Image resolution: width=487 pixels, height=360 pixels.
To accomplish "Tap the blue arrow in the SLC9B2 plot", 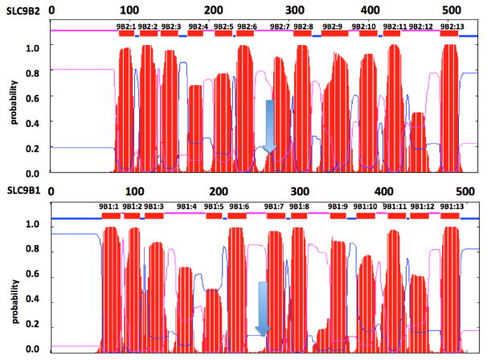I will [x=270, y=125].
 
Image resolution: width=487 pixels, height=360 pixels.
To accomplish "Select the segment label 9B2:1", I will [x=127, y=26].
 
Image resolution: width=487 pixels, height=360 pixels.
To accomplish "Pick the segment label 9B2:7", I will [x=280, y=26].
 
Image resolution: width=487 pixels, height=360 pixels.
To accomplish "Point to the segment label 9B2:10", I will [x=365, y=26].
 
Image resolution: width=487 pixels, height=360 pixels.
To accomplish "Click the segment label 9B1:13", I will [x=452, y=207].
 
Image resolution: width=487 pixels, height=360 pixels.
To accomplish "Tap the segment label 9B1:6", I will [x=238, y=207].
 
